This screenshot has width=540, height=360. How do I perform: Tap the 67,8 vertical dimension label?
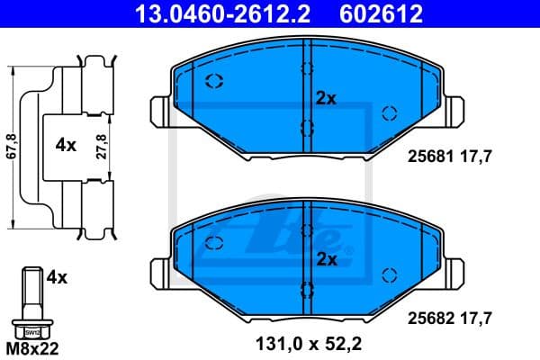[12, 144]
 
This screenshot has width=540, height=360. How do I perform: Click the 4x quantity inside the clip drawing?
[65, 145]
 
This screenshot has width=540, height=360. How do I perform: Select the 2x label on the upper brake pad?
[325, 99]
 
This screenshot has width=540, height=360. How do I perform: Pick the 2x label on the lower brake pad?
[325, 260]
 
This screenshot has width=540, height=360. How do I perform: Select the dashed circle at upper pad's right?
[390, 112]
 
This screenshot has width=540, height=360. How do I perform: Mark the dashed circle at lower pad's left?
[214, 242]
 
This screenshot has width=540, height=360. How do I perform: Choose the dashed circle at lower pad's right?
[390, 274]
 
